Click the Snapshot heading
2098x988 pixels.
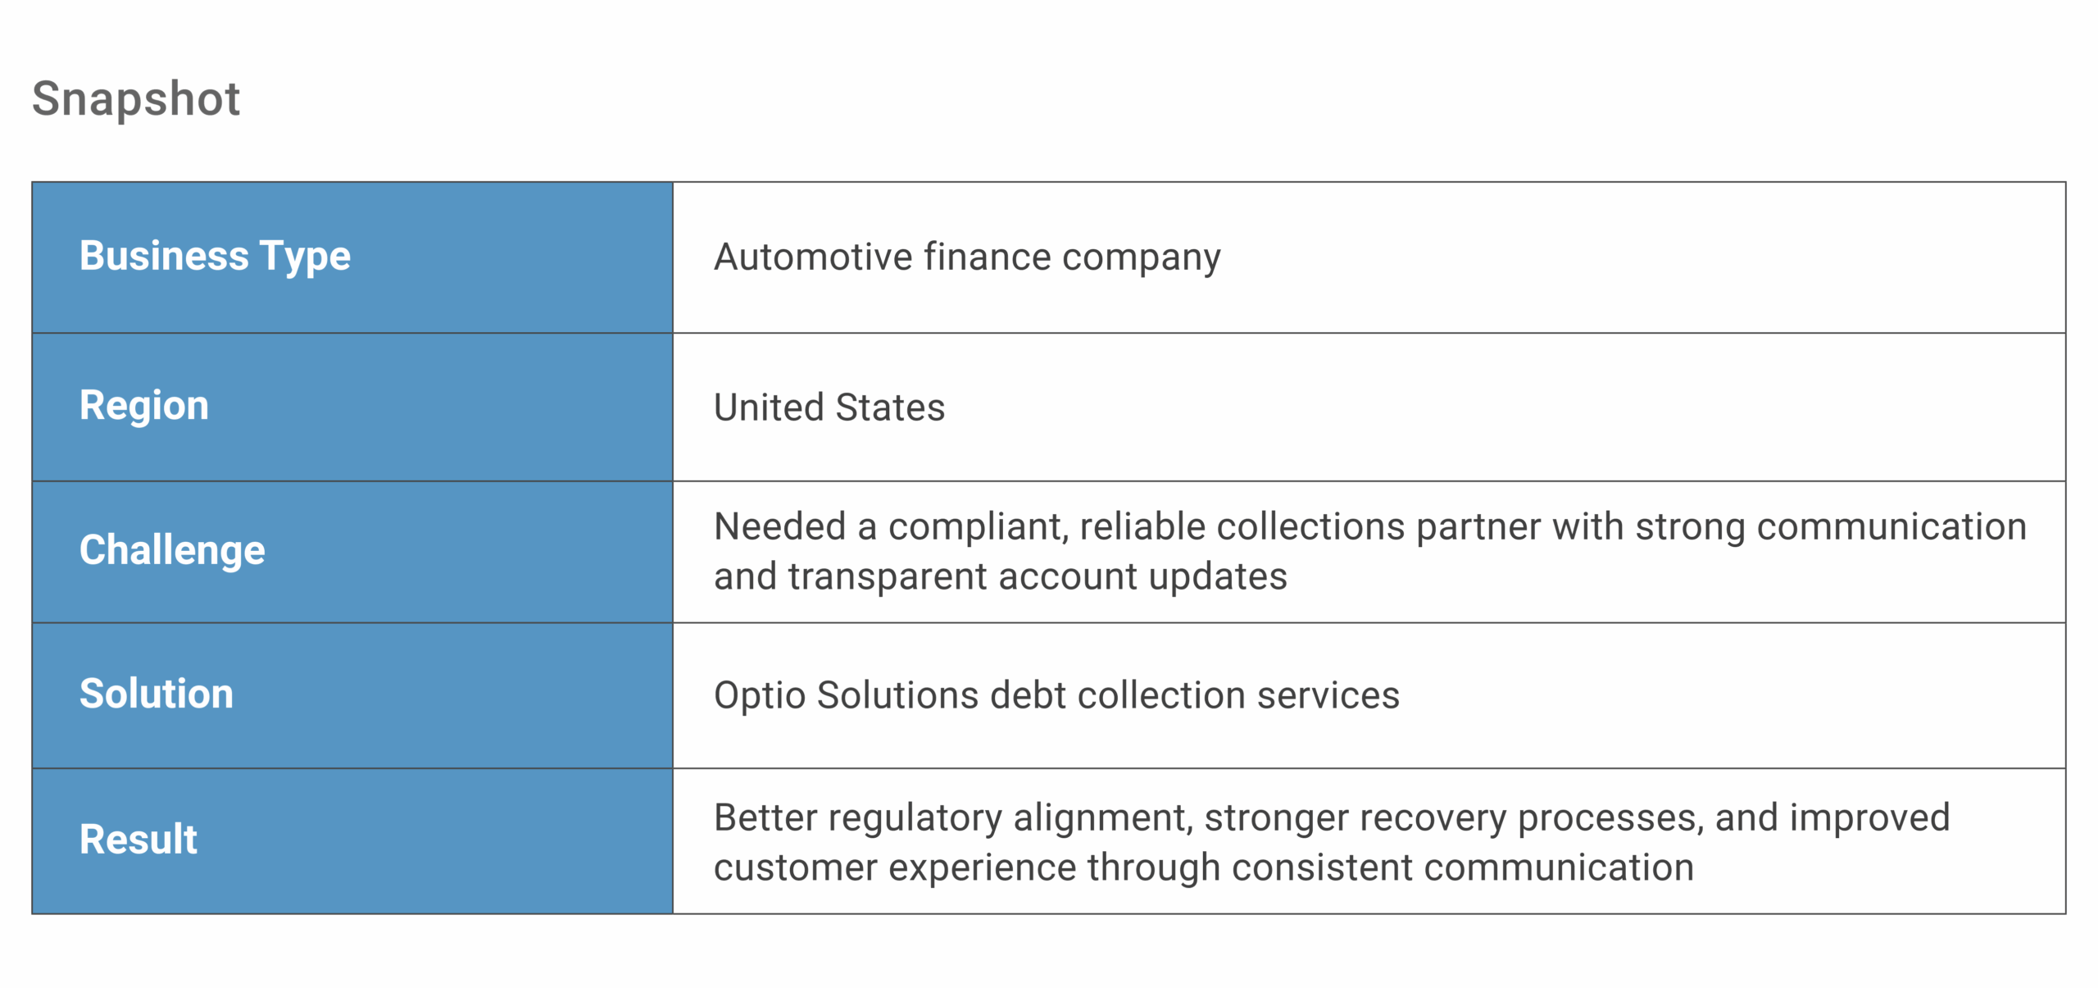tap(136, 99)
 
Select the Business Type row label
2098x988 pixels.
tap(215, 256)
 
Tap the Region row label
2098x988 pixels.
tap(144, 405)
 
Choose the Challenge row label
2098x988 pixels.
tap(172, 549)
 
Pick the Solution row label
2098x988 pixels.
tap(157, 694)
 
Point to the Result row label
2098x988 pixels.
tap(139, 839)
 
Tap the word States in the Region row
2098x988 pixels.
tap(890, 407)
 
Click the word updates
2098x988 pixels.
tap(1217, 576)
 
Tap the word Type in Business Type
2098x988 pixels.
tap(305, 256)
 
